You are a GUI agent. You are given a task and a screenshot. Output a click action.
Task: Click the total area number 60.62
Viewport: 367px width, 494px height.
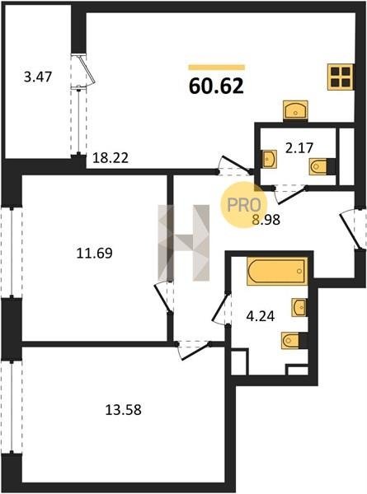216,86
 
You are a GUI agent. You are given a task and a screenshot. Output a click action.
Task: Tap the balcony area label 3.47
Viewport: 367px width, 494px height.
38,77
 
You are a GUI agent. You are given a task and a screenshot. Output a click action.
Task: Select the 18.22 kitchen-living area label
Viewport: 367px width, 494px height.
111,158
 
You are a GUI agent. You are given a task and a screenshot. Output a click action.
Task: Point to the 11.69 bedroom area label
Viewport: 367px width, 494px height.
94,253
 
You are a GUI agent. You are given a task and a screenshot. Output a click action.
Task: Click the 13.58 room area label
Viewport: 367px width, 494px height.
123,410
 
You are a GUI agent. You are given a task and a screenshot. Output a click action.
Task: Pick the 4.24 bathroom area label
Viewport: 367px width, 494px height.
261,316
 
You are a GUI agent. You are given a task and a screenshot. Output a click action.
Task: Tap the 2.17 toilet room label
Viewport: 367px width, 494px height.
299,147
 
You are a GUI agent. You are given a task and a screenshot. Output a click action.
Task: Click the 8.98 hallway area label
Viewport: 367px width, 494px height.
266,220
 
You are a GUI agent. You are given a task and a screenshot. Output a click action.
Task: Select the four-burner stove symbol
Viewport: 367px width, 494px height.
341,77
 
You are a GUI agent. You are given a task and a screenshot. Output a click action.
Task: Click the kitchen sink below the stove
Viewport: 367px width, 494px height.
295,110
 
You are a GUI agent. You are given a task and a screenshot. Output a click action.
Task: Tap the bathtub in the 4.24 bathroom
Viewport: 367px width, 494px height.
277,271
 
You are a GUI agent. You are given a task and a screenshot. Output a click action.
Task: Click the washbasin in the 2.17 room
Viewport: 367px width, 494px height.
270,158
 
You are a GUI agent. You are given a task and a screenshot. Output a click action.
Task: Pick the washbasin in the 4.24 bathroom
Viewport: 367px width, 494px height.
299,307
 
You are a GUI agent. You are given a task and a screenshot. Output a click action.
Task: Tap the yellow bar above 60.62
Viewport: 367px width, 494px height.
216,68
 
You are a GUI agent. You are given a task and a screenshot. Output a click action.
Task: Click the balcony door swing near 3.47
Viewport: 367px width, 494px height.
87,71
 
